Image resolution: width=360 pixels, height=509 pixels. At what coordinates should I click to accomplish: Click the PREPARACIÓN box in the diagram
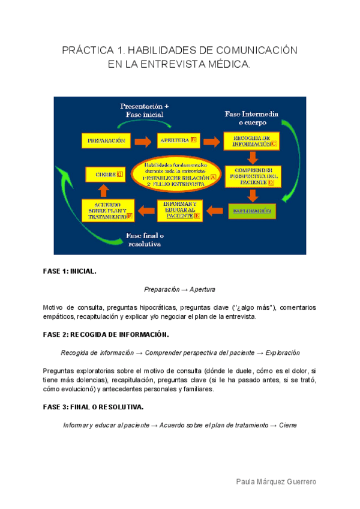[106, 141]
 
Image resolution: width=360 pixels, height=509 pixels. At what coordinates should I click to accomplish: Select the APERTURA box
[177, 141]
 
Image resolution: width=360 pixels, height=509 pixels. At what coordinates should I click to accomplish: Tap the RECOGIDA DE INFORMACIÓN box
[251, 141]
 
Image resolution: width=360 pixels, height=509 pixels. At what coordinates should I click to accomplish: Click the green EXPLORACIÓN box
[252, 211]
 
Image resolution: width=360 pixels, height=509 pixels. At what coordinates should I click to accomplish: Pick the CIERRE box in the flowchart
[106, 175]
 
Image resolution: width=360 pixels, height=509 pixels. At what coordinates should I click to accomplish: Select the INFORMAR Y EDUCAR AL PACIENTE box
[180, 210]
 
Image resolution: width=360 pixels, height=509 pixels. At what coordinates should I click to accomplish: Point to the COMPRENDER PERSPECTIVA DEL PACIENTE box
[253, 175]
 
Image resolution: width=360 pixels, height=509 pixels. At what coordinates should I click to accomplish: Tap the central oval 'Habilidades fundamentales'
[179, 174]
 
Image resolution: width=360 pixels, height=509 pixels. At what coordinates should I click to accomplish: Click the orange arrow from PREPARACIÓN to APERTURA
[142, 142]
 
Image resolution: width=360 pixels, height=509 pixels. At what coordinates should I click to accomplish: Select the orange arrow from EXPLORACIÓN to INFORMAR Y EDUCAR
[215, 211]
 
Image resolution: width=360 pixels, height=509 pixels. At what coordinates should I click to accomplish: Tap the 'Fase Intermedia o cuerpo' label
[250, 118]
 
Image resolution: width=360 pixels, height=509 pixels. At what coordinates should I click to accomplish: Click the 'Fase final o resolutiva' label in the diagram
[145, 239]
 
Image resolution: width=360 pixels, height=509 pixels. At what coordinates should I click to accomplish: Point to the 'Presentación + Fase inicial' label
[145, 109]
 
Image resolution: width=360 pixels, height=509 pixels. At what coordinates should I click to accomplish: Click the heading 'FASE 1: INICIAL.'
[70, 271]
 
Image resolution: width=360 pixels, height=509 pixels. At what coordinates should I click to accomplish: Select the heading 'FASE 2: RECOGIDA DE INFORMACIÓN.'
[106, 334]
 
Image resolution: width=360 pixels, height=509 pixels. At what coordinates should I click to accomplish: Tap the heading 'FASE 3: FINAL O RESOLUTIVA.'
[93, 407]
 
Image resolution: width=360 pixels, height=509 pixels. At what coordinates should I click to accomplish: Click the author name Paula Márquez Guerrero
[276, 482]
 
